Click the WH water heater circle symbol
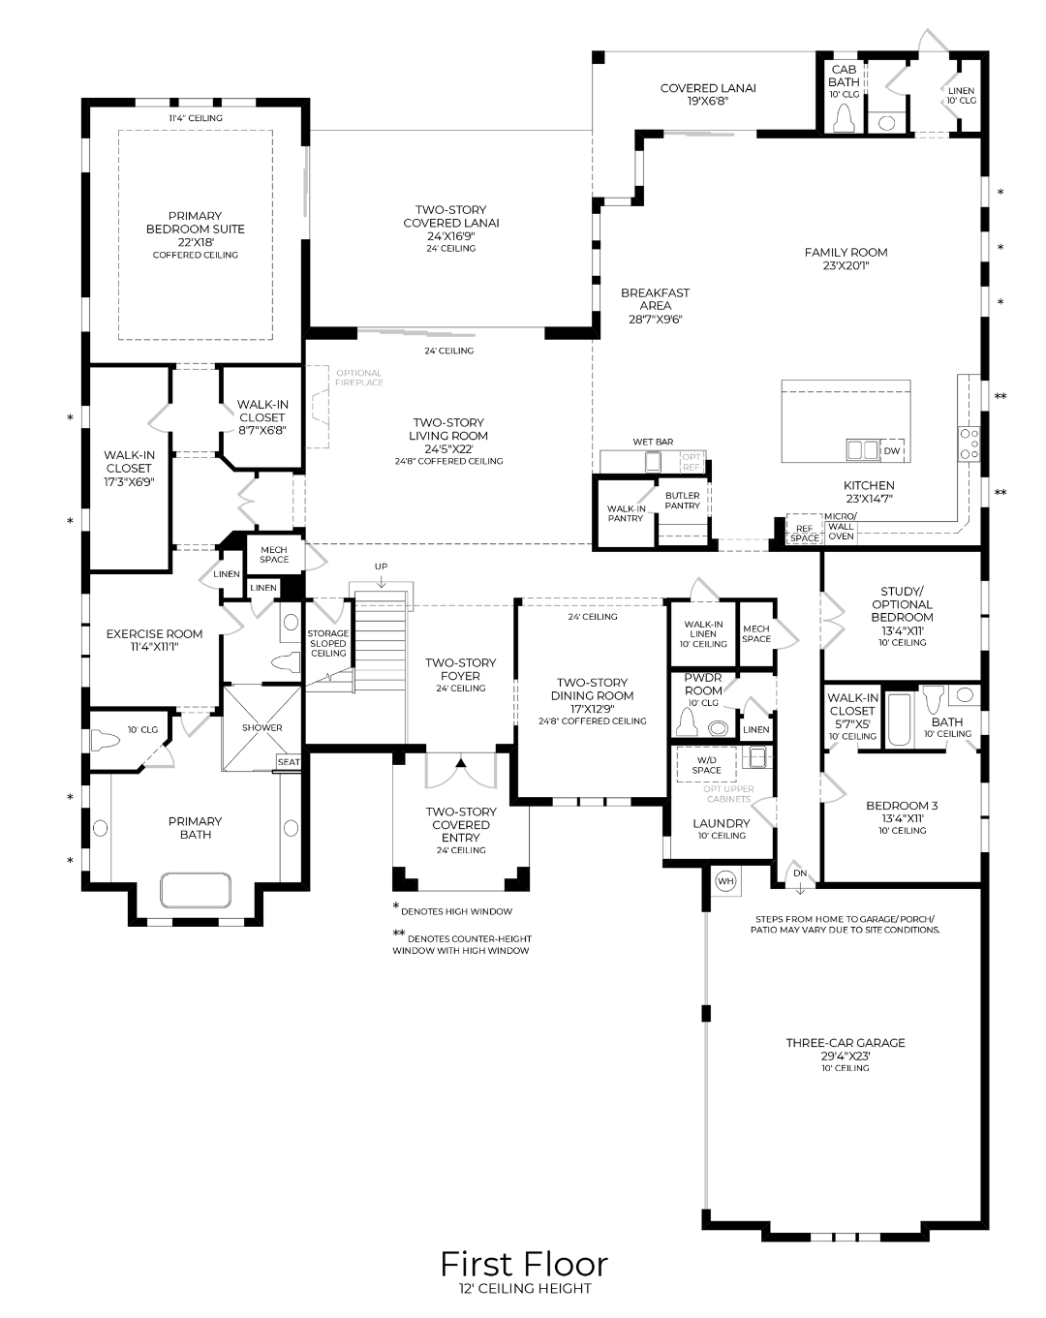725,881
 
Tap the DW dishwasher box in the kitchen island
892,450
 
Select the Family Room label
846,259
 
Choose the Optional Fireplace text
359,378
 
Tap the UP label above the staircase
382,567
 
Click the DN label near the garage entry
800,874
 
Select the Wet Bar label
653,442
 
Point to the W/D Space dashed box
706,764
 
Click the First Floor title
525,1264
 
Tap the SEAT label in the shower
289,762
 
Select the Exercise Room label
154,640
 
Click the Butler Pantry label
683,501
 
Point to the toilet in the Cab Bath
845,117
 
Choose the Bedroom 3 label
902,817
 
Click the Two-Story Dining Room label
592,701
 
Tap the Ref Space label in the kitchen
805,533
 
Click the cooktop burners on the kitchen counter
969,444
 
